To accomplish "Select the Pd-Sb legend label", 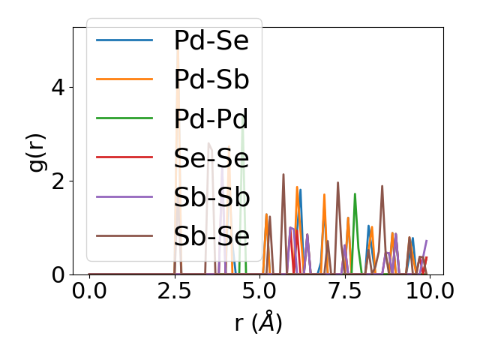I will tap(211, 79).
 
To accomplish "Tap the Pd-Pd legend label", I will tap(211, 118).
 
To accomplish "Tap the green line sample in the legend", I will tap(124, 118).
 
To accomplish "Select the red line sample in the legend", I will tap(124, 157).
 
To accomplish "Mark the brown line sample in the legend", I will tap(124, 235).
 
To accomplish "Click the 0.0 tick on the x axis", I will tap(89, 291).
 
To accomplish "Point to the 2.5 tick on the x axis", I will tap(175, 291).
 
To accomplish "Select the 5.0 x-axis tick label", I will tap(259, 291).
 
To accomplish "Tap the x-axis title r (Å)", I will tap(258, 323).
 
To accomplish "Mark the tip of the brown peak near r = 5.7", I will tap(283, 174).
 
